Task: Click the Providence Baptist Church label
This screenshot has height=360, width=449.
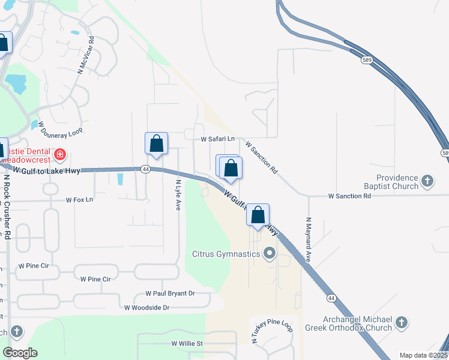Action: pyautogui.click(x=397, y=182)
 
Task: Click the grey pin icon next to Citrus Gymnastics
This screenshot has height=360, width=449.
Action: pyautogui.click(x=269, y=254)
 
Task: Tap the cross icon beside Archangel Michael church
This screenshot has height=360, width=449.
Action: pyautogui.click(x=401, y=323)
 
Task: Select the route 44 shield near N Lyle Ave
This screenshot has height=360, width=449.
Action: pyautogui.click(x=146, y=170)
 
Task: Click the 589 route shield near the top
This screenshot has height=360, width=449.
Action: pyautogui.click(x=367, y=60)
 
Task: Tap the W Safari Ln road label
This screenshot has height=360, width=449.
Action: pyautogui.click(x=217, y=139)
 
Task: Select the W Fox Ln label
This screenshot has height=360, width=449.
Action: pyautogui.click(x=80, y=199)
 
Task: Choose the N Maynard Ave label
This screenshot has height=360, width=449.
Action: pyautogui.click(x=309, y=239)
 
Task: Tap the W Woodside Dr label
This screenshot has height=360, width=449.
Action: pyautogui.click(x=147, y=307)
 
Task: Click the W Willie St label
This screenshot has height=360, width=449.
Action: pyautogui.click(x=188, y=344)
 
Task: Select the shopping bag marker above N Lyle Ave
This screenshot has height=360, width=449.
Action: pyautogui.click(x=156, y=145)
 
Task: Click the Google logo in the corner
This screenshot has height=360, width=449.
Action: pyautogui.click(x=20, y=353)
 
